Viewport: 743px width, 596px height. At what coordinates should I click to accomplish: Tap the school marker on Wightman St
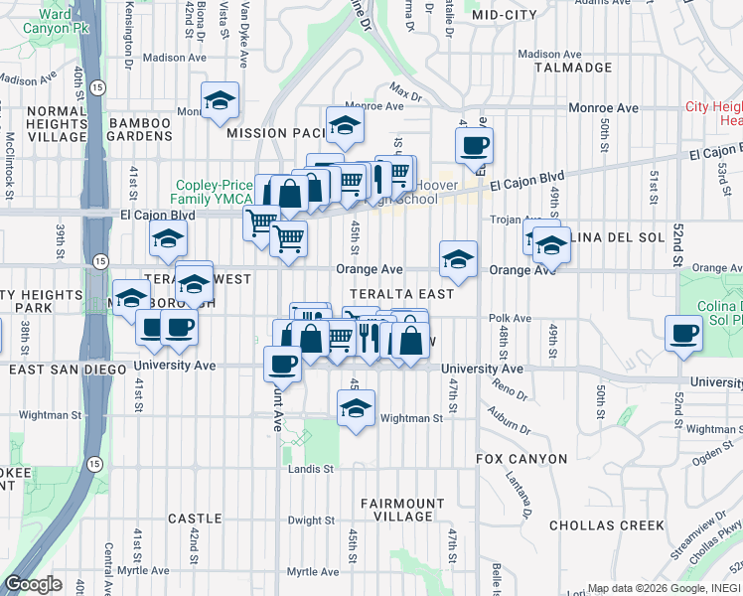356,407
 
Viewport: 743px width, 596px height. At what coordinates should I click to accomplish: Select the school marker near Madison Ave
220,99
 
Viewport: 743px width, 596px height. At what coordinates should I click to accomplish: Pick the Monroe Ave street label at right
603,107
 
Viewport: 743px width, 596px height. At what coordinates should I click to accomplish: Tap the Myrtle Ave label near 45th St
313,572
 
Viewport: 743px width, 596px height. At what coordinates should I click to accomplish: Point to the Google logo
34,584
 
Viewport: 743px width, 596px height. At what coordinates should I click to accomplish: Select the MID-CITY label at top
505,15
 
